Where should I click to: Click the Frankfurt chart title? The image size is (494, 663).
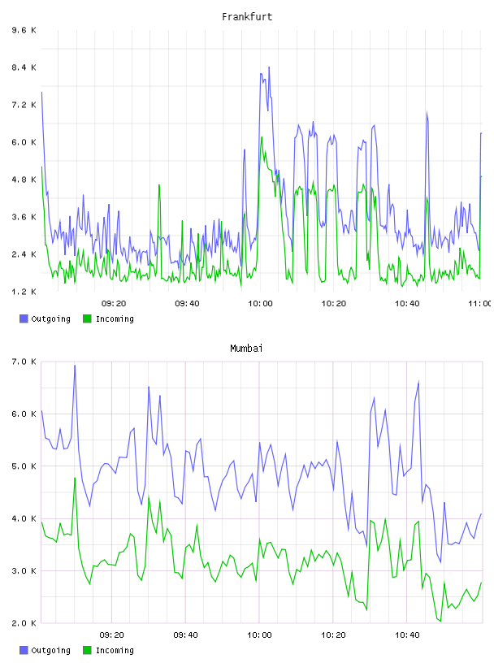[247, 16]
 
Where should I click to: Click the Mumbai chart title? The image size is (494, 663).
[246, 348]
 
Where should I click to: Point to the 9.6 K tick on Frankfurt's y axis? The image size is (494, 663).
[24, 30]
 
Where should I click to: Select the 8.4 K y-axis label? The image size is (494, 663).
[24, 67]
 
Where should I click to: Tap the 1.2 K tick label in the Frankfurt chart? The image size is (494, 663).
[24, 292]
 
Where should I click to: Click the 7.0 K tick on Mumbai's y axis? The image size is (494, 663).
[24, 362]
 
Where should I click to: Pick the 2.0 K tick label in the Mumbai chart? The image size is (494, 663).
[24, 623]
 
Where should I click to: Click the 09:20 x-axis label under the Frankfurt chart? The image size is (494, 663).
[114, 303]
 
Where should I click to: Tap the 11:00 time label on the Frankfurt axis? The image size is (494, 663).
[480, 303]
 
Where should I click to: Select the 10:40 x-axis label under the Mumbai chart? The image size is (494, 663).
[407, 635]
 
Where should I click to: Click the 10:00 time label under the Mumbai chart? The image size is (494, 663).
[259, 635]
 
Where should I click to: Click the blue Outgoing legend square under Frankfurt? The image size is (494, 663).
[24, 318]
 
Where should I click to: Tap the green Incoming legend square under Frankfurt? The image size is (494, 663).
[87, 318]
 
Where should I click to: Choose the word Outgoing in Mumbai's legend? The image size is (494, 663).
[50, 650]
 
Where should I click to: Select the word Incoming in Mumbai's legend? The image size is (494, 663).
[115, 650]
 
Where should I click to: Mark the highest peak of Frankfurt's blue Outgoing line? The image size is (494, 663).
[269, 67]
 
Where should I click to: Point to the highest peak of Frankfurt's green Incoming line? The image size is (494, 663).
[262, 137]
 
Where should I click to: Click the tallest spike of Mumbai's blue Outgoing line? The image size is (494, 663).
[75, 365]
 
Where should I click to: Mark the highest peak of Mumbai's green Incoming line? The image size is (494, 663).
[75, 478]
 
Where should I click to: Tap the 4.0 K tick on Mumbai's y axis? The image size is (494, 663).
[24, 518]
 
